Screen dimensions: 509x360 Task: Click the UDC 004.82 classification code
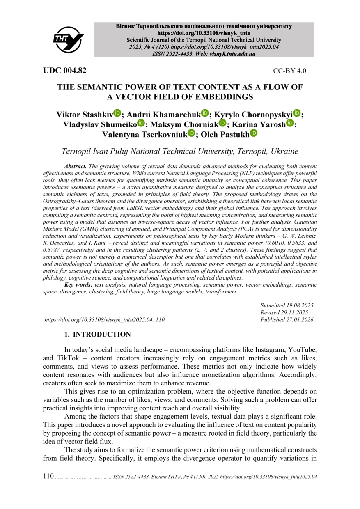pyautogui.click(x=65, y=71)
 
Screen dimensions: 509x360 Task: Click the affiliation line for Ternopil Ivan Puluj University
pyautogui.click(x=180, y=151)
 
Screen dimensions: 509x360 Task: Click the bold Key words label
pyautogui.click(x=79, y=284)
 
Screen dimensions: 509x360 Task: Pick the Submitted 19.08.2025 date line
pyautogui.click(x=287, y=305)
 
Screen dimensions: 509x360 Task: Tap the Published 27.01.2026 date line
pyautogui.click(x=287, y=319)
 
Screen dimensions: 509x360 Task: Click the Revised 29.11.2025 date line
pyautogui.click(x=284, y=312)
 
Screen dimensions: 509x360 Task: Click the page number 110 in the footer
pyautogui.click(x=48, y=477)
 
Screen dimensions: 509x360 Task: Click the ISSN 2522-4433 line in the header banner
pyautogui.click(x=204, y=53)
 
